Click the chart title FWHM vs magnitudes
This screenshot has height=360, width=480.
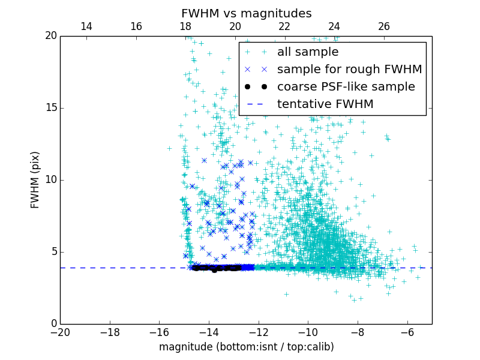246,13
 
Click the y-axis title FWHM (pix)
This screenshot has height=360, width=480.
35,179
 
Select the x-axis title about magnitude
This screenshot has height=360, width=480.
246,347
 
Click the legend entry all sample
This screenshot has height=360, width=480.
307,52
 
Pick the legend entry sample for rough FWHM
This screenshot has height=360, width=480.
349,70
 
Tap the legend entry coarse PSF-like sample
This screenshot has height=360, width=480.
346,87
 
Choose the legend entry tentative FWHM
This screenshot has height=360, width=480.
325,104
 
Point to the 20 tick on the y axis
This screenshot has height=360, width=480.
50,36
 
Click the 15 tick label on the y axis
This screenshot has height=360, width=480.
50,108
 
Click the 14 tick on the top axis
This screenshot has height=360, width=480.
86,27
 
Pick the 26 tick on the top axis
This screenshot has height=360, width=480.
384,27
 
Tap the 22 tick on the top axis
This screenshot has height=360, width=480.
284,27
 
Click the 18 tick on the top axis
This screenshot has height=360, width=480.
185,27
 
